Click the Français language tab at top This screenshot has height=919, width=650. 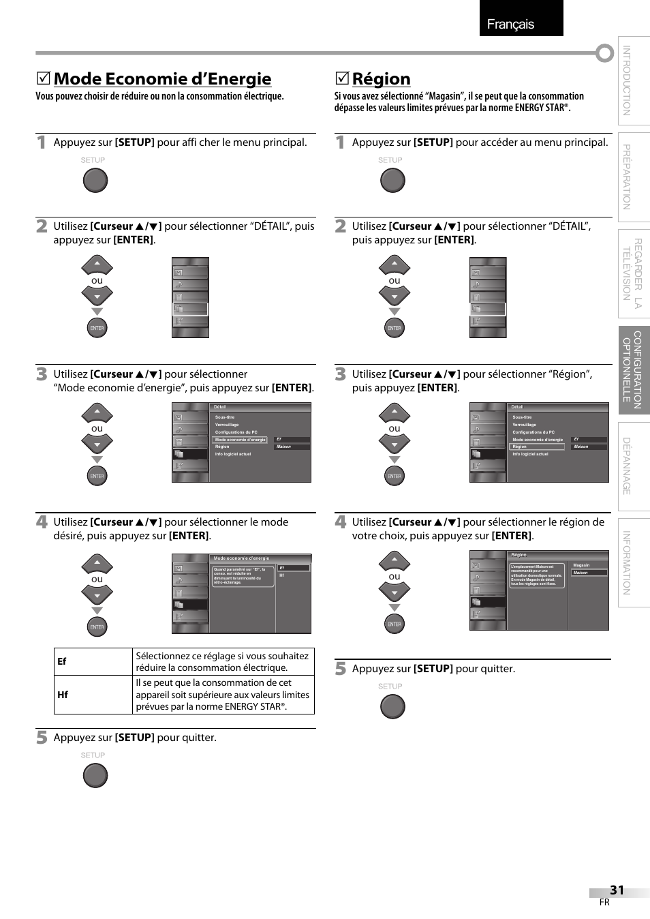coord(521,18)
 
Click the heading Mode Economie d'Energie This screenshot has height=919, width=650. coord(162,79)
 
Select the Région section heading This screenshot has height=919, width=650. coord(381,79)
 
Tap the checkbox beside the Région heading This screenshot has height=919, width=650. coord(341,79)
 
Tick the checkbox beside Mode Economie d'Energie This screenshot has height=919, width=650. coord(43,79)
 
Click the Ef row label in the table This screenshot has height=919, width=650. coord(62,661)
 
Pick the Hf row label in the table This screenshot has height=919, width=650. coord(63,695)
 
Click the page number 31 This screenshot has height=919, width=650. coord(617,890)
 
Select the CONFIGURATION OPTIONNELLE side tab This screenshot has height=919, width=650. coord(633,370)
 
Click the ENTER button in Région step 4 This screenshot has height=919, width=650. coord(394,624)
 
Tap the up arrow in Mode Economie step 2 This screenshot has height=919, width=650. coord(97,265)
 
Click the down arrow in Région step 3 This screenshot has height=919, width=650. coord(394,444)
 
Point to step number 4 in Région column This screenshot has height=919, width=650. coord(341,522)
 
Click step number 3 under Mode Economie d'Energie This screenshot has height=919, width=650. coord(42,374)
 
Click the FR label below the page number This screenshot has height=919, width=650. coord(604,902)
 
